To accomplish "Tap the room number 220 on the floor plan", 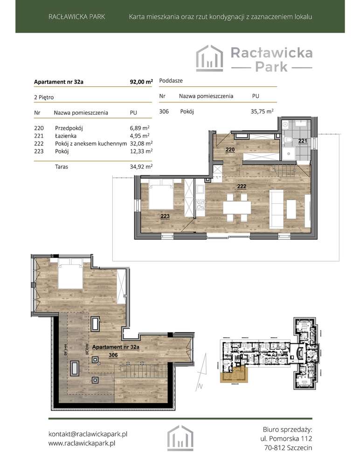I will (x=230, y=150).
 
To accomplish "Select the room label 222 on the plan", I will (x=242, y=186).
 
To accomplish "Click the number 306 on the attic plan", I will (x=113, y=355).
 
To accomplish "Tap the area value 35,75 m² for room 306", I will (x=262, y=111).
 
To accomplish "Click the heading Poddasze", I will (x=171, y=80).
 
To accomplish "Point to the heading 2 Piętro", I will (x=44, y=97).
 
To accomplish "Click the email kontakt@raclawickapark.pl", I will (x=88, y=433).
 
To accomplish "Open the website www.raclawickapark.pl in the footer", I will (x=82, y=444).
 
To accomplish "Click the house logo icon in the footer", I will (x=180, y=438).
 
